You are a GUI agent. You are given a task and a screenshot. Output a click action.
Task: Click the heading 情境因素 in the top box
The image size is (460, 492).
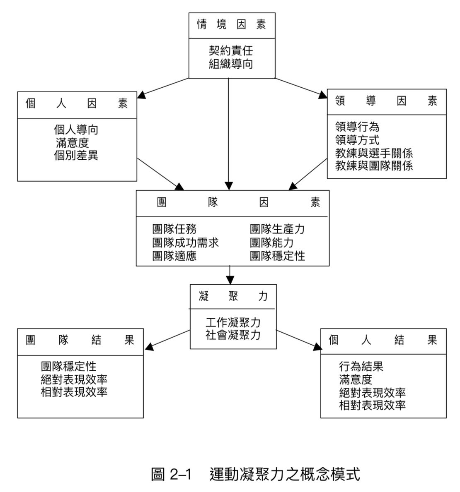231,25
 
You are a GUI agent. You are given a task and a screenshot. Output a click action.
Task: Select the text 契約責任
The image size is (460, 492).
231,51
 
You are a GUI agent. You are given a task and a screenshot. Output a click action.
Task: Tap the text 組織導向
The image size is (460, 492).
231,64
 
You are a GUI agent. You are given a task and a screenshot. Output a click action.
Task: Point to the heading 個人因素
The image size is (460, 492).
77,104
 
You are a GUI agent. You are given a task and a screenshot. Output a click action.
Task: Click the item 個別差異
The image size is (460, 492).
76,156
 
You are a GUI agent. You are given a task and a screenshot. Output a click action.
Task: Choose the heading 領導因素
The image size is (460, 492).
386,101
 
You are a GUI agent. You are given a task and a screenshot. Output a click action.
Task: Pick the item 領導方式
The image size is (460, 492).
357,140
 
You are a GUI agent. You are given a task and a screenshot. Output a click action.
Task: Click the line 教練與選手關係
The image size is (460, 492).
374,153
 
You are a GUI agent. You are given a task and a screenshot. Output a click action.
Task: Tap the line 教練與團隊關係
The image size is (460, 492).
374,166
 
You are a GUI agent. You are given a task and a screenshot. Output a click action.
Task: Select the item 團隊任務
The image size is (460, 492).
174,229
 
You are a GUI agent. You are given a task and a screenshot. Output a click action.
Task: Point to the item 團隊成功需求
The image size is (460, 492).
185,242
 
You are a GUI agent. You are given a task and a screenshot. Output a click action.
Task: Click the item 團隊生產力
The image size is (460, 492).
277,229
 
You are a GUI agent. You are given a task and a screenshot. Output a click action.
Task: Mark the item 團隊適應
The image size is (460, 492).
174,255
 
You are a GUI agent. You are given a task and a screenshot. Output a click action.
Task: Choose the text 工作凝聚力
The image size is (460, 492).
233,322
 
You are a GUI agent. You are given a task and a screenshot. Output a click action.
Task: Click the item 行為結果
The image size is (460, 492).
361,366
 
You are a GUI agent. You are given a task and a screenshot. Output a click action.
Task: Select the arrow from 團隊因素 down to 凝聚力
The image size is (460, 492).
229,275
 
